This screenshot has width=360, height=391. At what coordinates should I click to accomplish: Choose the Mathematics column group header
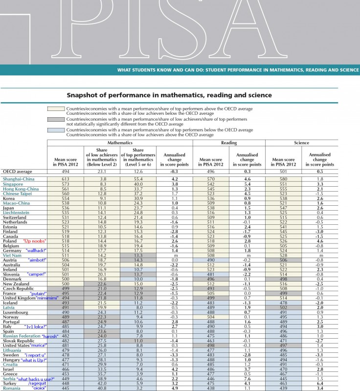pyautogui.click(x=120, y=143)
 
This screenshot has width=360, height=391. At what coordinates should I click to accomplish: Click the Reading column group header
pyautogui.click(x=229, y=143)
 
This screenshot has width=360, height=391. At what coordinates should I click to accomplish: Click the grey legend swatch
pyautogui.click(x=56, y=119)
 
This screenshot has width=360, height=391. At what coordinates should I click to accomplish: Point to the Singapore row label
pyautogui.click(x=13, y=185)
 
